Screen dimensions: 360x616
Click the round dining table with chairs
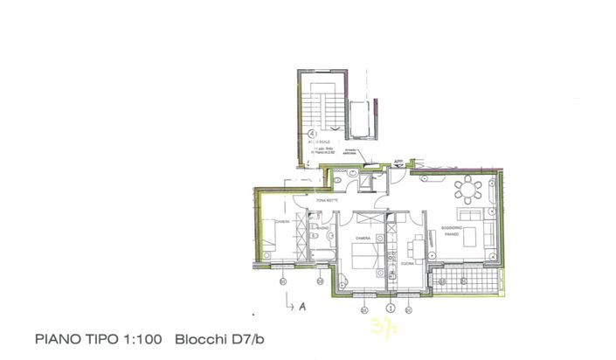coord(468,190)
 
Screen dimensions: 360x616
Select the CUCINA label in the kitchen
coord(406,262)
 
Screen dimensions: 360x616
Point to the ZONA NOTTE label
coord(315,202)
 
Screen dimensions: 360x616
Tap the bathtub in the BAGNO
coord(322,254)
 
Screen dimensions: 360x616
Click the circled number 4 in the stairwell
coord(312,134)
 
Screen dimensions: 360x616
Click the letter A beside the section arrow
coord(301,307)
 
